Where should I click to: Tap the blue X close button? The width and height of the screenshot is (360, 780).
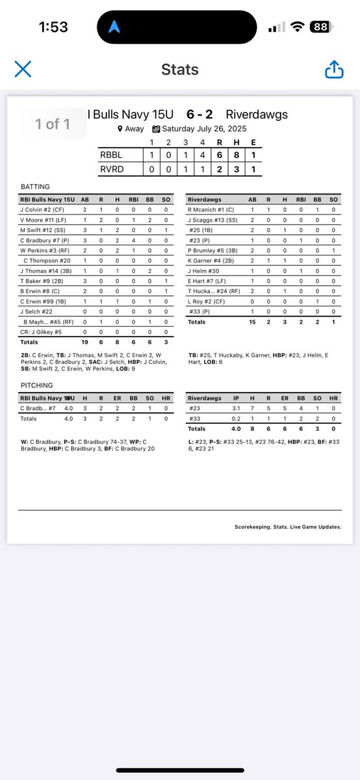[x=23, y=70]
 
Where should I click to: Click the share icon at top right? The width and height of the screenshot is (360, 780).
[x=334, y=70]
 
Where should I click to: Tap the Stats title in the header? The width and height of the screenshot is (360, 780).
[x=180, y=70]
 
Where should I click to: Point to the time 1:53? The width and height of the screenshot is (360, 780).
[x=53, y=28]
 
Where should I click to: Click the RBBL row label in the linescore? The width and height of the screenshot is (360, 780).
[x=111, y=155]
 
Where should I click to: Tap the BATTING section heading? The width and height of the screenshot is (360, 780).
[x=35, y=186]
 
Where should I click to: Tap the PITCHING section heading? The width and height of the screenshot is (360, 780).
[x=36, y=385]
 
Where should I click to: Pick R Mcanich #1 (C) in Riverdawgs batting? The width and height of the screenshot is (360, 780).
[x=212, y=210]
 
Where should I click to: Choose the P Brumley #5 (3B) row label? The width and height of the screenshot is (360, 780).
[x=213, y=250]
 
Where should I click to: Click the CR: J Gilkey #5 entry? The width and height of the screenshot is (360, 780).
[x=42, y=331]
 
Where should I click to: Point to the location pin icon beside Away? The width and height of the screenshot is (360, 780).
[x=120, y=129]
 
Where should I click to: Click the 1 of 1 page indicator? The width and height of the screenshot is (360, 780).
[x=53, y=123]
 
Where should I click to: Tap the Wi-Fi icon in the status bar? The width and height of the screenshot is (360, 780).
[x=298, y=27]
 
